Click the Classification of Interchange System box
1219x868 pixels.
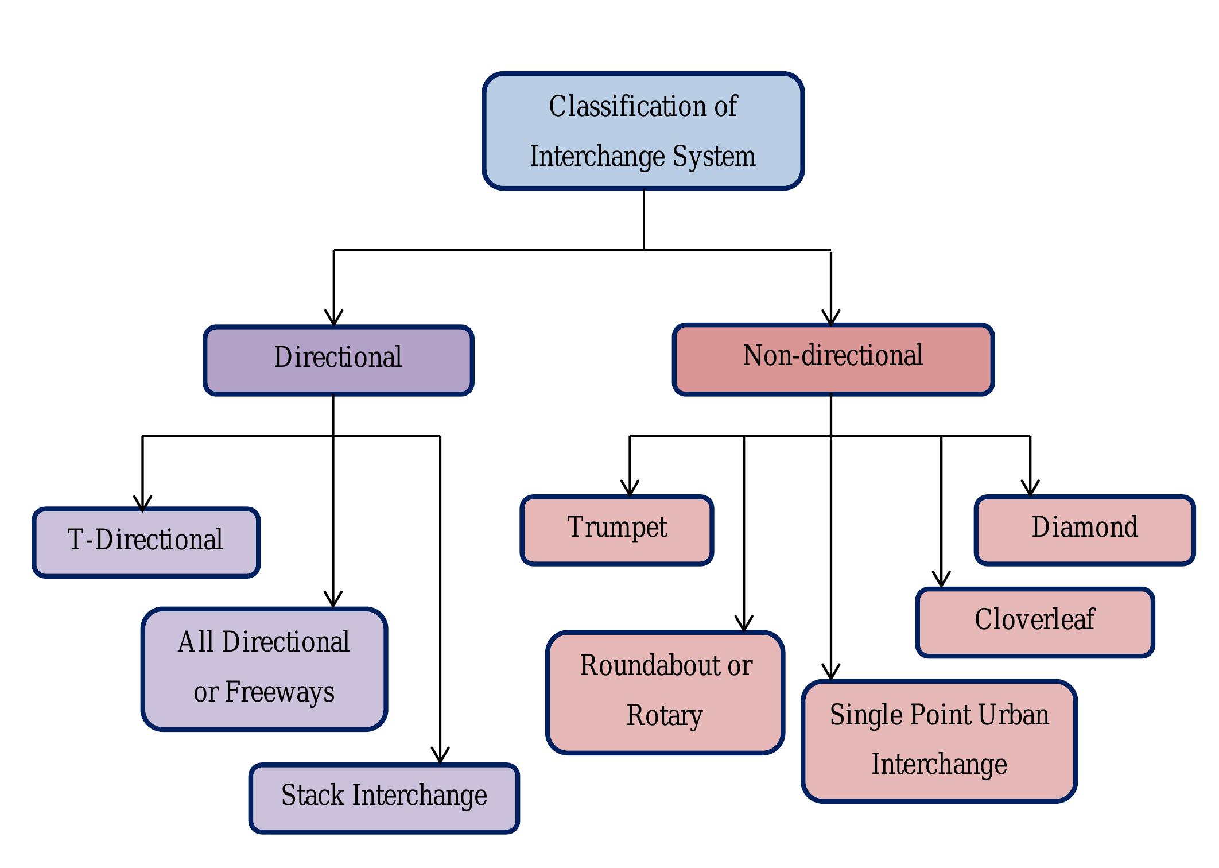(x=643, y=131)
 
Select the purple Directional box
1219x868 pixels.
(x=338, y=360)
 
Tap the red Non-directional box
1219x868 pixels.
(x=833, y=359)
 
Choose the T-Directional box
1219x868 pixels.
(x=146, y=542)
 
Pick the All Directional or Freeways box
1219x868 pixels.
(x=264, y=669)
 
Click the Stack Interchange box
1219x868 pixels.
(x=384, y=798)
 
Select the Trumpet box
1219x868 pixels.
(x=617, y=530)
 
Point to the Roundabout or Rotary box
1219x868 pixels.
(x=665, y=692)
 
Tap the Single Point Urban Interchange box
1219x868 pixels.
(x=939, y=741)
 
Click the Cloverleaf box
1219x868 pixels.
(x=1035, y=622)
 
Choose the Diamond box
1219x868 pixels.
(x=1085, y=530)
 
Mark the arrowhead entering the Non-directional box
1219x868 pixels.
(x=831, y=318)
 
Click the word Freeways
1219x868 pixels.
(x=279, y=692)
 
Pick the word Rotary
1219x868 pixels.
(x=665, y=716)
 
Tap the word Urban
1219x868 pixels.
(x=1014, y=715)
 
